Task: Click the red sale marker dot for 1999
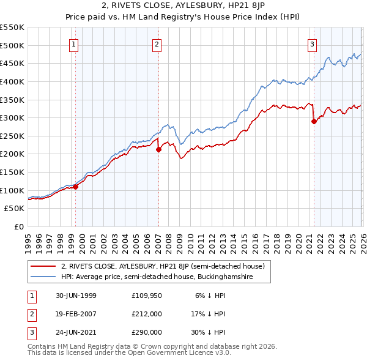point(76,187)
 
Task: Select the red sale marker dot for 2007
point(158,149)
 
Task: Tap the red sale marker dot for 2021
point(314,121)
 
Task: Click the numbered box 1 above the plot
point(73,44)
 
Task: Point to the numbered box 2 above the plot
point(157,44)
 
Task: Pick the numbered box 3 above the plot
point(312,44)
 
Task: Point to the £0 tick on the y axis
point(18,226)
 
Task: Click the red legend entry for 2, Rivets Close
point(162,266)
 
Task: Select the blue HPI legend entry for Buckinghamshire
point(165,277)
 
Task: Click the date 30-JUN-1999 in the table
point(76,295)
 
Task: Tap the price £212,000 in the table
point(146,314)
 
